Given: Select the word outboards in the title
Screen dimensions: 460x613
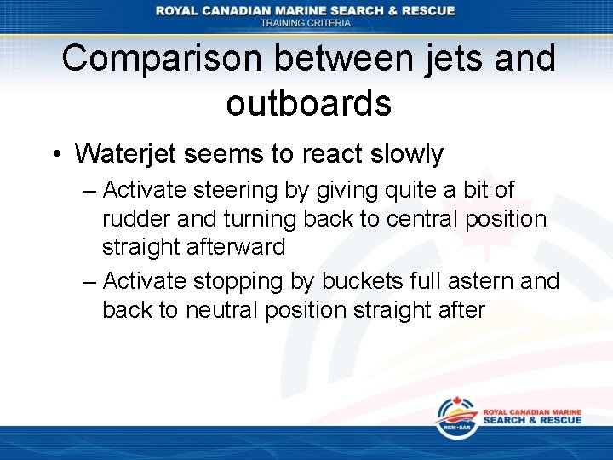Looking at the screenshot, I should click(x=308, y=103).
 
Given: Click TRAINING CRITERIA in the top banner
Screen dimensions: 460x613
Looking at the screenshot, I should click(x=306, y=23).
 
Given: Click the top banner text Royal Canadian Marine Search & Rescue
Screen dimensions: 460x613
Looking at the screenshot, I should click(x=306, y=10).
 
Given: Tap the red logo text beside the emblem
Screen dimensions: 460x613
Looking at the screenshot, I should click(x=531, y=416).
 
